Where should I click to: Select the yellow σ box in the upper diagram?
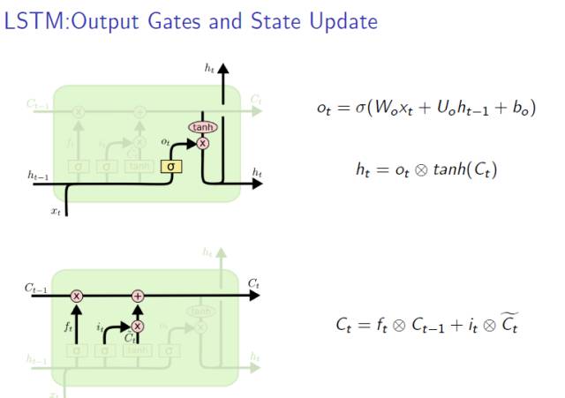coord(170,165)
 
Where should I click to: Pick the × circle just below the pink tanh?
coord(203,143)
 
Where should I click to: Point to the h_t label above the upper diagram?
coord(209,67)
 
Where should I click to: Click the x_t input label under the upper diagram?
coord(56,213)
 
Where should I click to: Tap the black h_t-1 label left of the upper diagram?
coord(37,176)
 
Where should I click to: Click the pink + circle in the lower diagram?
coord(137,296)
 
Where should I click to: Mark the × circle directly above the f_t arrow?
coord(77,296)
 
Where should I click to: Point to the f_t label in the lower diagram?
coord(67,326)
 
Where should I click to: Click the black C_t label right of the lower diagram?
coord(253,283)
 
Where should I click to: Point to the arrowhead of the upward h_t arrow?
coord(223,68)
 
